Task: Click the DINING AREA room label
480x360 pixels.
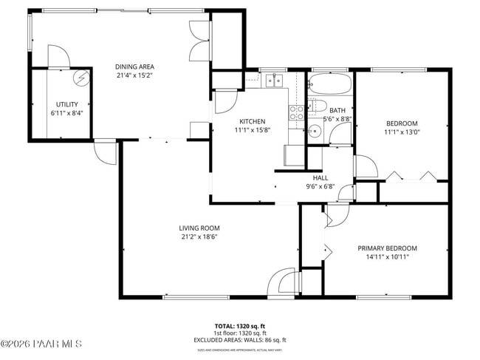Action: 134,67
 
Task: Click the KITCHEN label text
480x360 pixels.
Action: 252,121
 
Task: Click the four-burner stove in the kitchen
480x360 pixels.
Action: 297,112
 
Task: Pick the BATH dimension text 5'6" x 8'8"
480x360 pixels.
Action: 337,119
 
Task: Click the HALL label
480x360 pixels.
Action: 320,177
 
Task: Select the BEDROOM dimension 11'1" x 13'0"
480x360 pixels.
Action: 402,132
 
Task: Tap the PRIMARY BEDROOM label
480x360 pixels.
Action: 387,248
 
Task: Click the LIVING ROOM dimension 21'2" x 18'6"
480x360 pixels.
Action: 199,237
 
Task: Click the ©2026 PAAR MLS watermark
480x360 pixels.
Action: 42,344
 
